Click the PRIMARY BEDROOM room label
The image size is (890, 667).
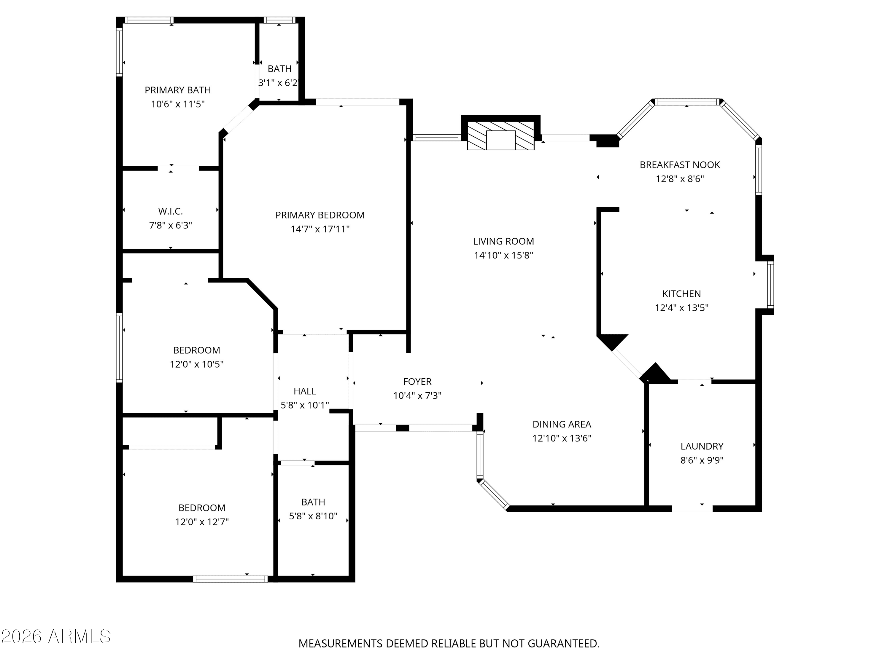coord(320,215)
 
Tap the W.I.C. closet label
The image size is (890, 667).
coord(171,211)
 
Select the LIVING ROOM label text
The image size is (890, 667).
coord(503,241)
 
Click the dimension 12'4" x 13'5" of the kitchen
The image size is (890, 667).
coord(681,308)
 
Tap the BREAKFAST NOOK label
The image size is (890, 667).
coord(680,165)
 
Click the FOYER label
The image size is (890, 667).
coord(417,382)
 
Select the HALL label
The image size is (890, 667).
coord(305,391)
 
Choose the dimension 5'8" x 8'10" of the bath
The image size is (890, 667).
coord(313,516)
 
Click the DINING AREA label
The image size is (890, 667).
coord(562,424)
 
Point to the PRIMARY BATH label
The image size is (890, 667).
coord(178,90)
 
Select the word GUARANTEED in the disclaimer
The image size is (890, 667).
coord(563,644)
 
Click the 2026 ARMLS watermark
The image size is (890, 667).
coord(56,636)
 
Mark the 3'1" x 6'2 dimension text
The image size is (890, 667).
coord(278,83)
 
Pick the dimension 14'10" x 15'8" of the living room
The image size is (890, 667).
coord(503,255)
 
